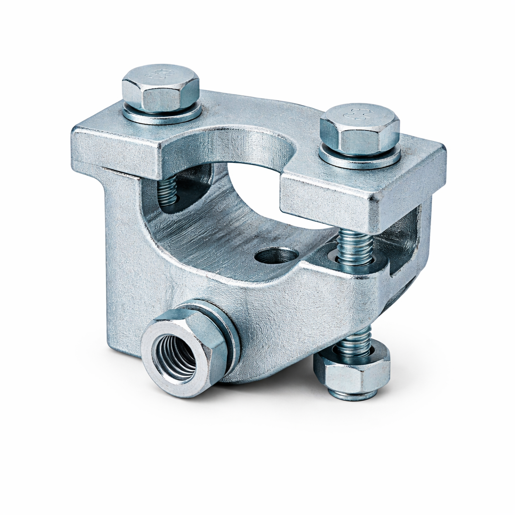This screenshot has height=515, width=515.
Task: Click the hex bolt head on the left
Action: click(x=160, y=90)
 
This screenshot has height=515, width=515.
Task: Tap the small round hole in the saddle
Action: click(x=276, y=256)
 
